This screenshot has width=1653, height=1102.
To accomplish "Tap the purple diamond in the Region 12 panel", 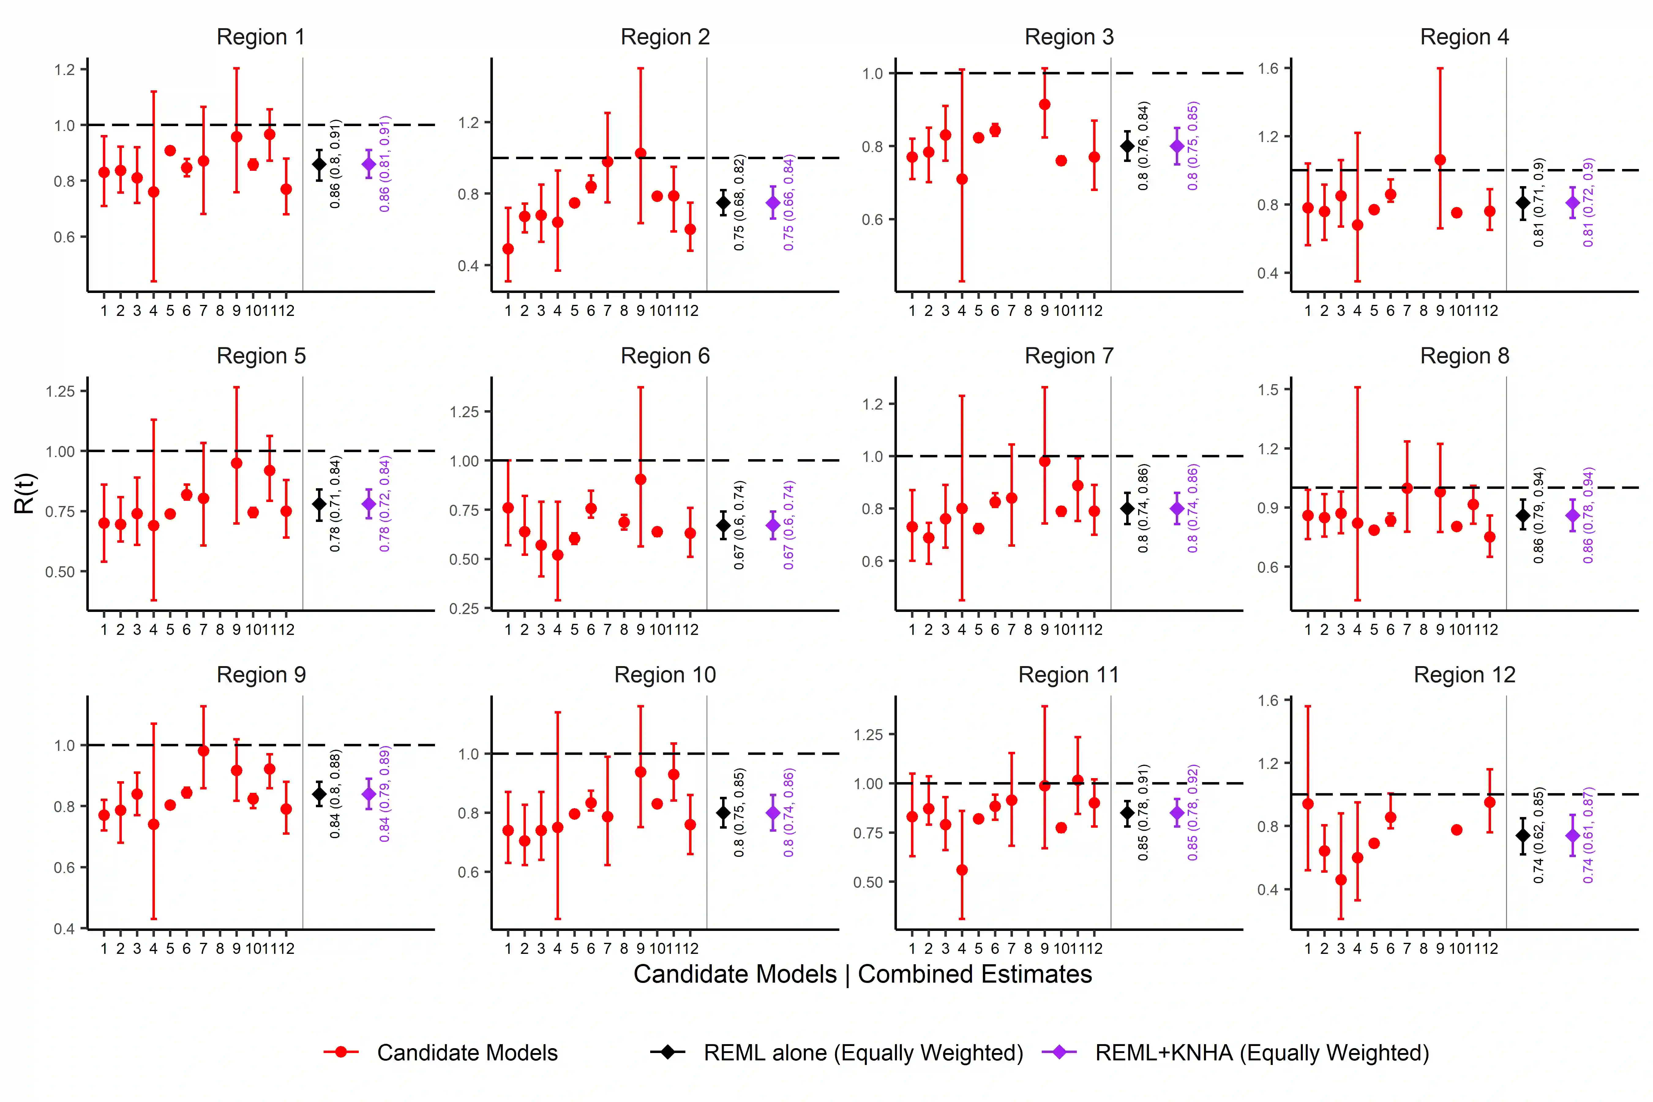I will coord(1573,836).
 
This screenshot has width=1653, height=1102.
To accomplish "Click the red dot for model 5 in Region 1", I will coord(170,150).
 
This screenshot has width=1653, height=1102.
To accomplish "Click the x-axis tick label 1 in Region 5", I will coord(104,630).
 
